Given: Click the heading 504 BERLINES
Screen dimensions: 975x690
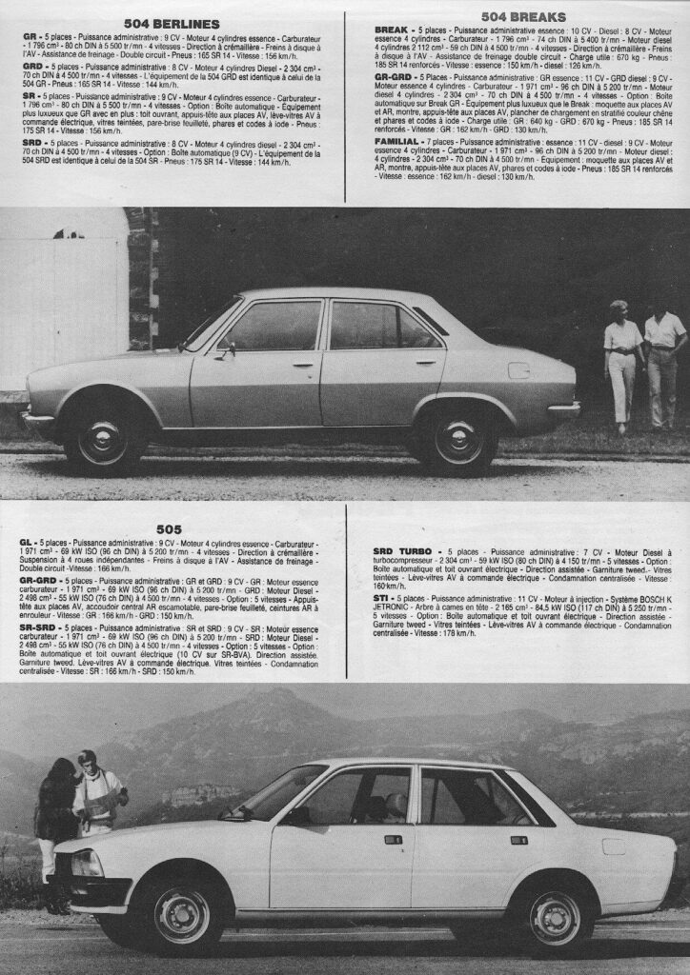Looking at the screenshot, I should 172,23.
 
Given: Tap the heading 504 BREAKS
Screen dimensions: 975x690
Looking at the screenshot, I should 523,17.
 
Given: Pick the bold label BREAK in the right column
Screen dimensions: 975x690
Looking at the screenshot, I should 392,30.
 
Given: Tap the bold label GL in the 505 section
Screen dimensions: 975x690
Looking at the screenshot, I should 26,541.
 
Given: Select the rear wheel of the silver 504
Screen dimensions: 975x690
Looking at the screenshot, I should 458,441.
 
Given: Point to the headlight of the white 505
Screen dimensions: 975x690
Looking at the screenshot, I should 88,864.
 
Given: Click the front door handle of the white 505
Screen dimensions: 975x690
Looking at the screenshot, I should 393,839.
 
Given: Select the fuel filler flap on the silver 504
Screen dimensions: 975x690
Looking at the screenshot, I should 519,370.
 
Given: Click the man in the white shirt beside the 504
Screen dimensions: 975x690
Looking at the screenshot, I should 663,362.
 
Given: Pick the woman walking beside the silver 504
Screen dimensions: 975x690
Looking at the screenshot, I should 622,363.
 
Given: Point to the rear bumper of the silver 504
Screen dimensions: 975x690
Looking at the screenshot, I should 564,409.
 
